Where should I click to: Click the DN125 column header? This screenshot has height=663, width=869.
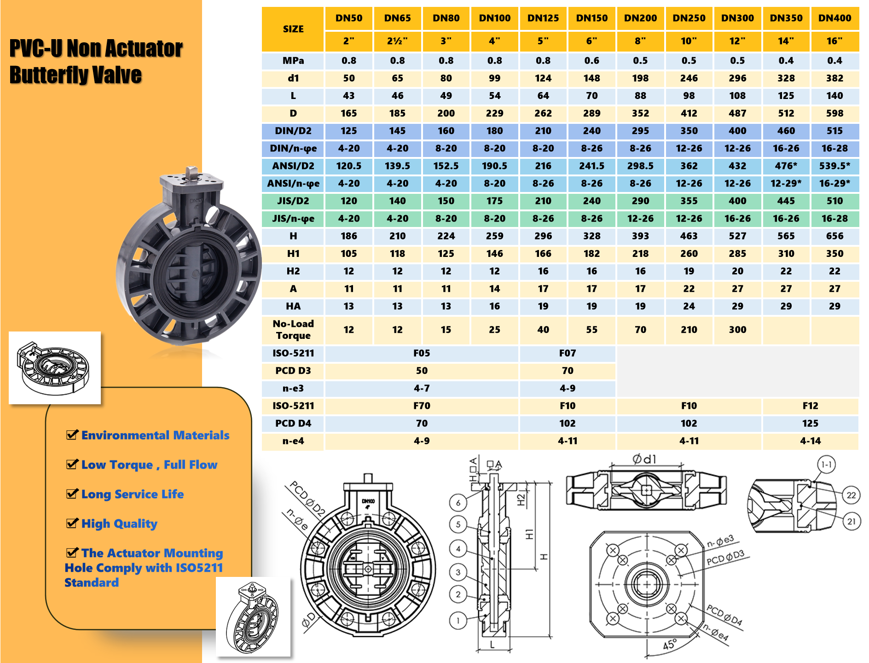pos(543,18)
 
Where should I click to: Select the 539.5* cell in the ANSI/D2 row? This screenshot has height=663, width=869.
pos(834,166)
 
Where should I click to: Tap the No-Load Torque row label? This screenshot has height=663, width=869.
pos(293,330)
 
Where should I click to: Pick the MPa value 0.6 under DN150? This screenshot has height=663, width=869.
pos(591,61)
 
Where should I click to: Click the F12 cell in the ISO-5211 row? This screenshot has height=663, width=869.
pos(810,406)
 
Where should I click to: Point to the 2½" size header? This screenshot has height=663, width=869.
pos(397,41)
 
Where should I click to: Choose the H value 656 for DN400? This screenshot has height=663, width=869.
pos(834,236)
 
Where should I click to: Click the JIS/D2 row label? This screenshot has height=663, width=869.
pos(293,201)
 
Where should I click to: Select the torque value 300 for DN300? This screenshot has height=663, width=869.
pos(737,330)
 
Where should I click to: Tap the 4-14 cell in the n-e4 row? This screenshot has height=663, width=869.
pos(810,441)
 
